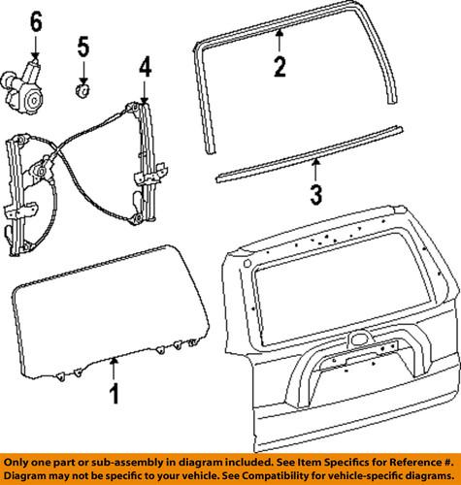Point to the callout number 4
pos(144,68)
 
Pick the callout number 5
pos(83,46)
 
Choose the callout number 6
pos(37,19)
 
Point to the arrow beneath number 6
pos(37,47)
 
